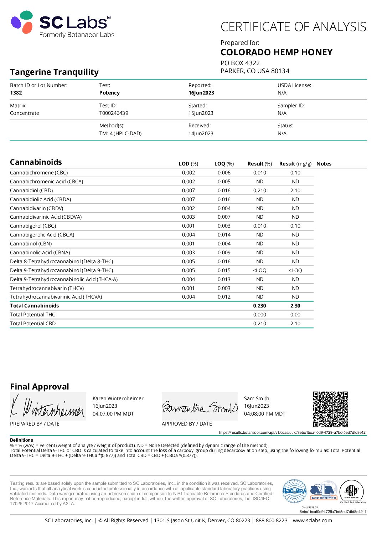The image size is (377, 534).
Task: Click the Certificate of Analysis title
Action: coord(293,27)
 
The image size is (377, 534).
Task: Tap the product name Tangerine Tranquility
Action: coord(54,72)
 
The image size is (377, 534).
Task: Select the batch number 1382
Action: coord(16,93)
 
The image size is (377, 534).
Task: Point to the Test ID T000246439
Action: coord(114,113)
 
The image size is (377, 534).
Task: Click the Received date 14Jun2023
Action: coord(201,133)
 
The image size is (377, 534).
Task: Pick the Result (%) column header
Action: coord(259,164)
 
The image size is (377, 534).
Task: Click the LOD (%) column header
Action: coord(188,164)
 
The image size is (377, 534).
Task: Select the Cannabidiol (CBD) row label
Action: coord(31,190)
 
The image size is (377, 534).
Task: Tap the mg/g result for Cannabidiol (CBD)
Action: coord(295,190)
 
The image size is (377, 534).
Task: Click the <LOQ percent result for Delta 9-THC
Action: coord(259,270)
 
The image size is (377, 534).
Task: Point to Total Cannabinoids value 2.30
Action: coord(295,306)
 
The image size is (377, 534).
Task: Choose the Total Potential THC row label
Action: coord(32,315)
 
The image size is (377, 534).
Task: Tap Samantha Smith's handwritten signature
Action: coord(200,407)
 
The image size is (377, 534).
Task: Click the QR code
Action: coord(330,409)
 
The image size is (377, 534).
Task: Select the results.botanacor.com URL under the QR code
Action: coord(293,432)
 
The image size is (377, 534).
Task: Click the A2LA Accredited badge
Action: coord(324,491)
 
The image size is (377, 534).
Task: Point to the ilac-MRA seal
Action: coord(294,491)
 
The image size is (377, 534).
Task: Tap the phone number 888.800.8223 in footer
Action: coord(271,520)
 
